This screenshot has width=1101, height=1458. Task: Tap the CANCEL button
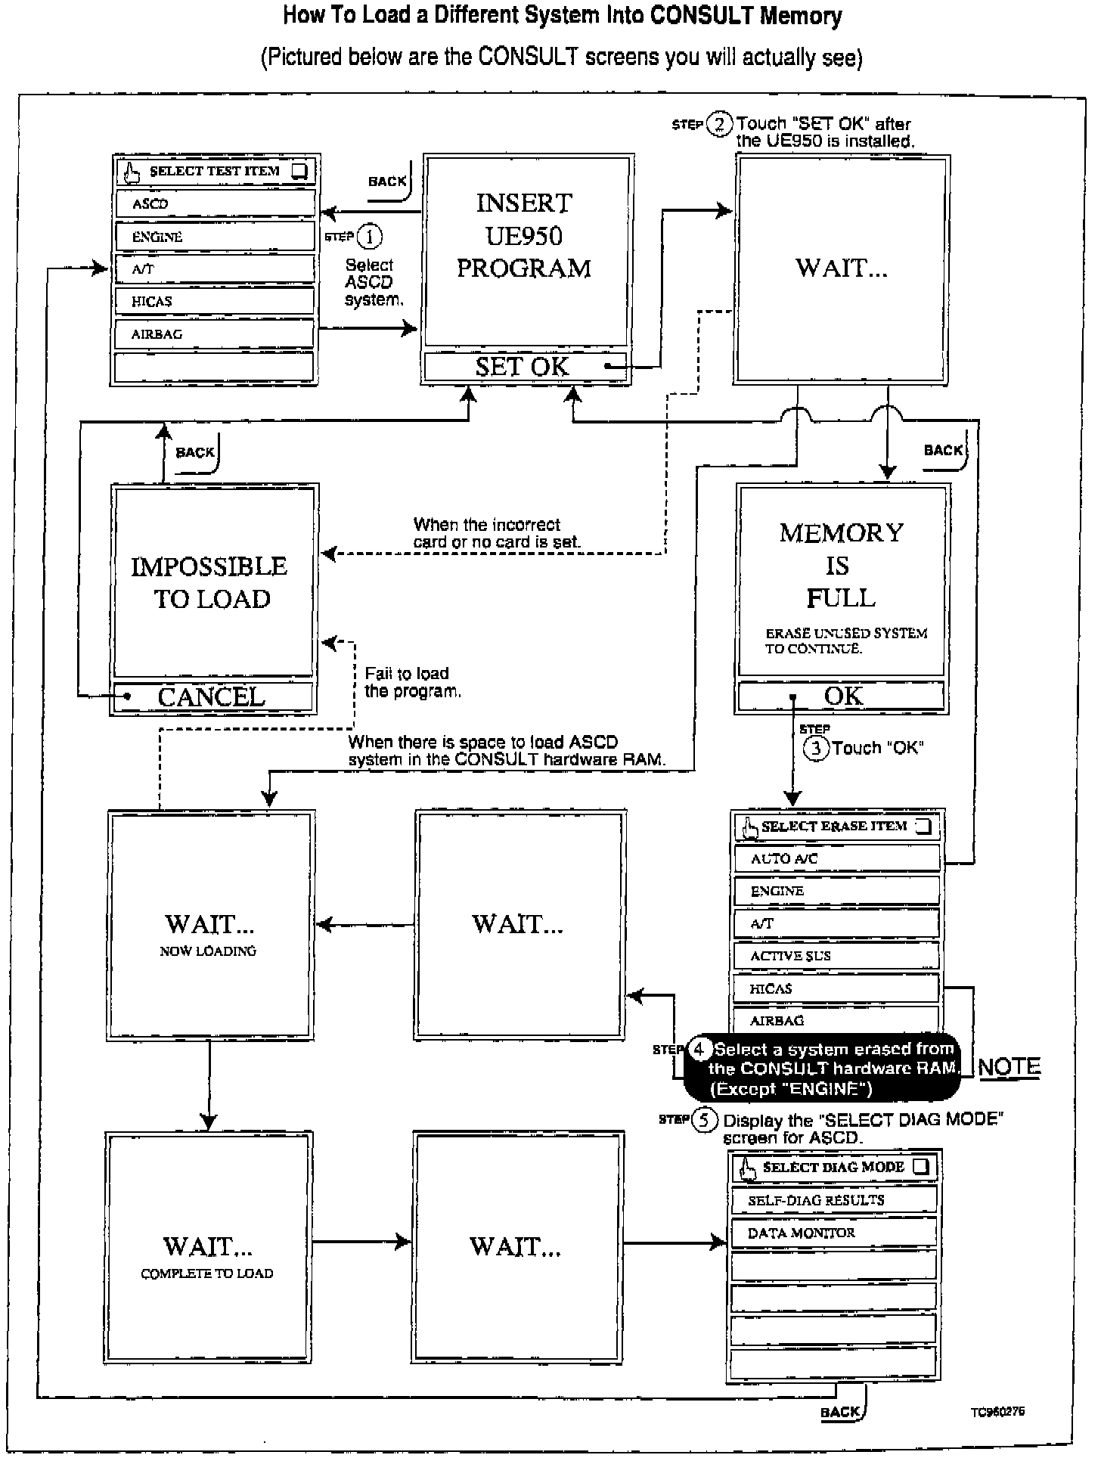[x=212, y=696]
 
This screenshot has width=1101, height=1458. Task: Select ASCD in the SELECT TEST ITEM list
[x=215, y=204]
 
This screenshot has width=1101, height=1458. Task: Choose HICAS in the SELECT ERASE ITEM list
[x=836, y=988]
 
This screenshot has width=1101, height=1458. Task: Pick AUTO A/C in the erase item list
[x=836, y=858]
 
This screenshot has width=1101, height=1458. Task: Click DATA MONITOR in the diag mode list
[x=833, y=1233]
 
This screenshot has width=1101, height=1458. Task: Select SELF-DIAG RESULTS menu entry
[x=833, y=1200]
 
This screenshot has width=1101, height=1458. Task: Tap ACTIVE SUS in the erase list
[x=836, y=956]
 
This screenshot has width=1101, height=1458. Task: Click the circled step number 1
[x=370, y=237]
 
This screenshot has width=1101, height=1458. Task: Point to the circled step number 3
[x=815, y=749]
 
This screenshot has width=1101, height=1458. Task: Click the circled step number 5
[x=704, y=1120]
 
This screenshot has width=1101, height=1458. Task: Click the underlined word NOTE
[x=1009, y=1067]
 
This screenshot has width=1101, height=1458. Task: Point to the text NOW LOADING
[x=208, y=951]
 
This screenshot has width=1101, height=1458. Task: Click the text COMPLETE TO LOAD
[x=207, y=1273]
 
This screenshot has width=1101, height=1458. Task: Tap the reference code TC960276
[x=998, y=1412]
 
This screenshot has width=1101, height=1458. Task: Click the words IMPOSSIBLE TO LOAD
[x=209, y=582]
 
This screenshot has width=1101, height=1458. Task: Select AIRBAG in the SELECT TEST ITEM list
[x=215, y=334]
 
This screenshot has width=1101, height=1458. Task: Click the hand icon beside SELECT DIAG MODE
[x=749, y=1168]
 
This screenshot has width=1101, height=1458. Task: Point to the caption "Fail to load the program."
[x=412, y=682]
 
